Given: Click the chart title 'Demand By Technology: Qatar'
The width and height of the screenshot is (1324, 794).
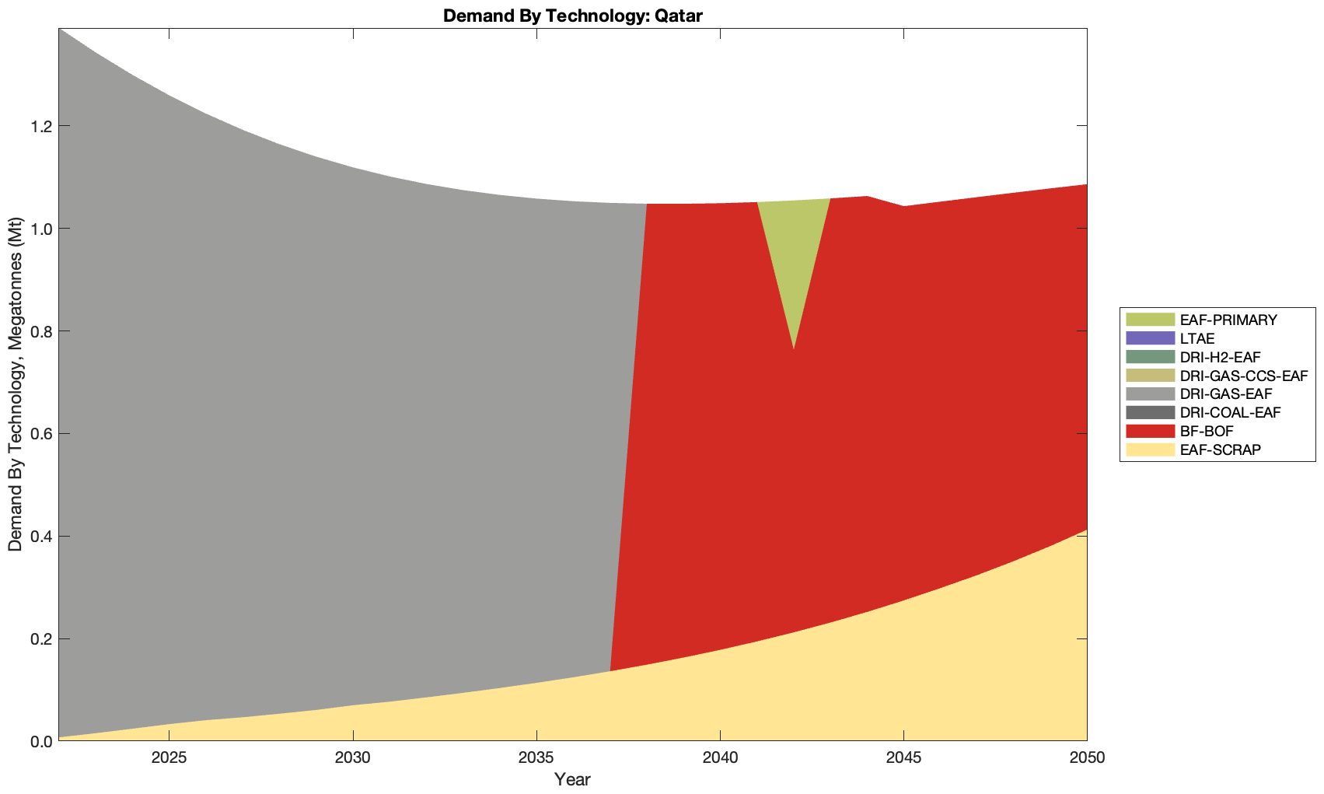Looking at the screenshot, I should click(572, 15).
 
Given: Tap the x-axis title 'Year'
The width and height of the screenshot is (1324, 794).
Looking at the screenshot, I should click(572, 779).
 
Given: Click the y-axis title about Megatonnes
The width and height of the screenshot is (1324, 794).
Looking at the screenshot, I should click(15, 385).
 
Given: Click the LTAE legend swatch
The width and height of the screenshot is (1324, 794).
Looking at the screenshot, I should click(1149, 338).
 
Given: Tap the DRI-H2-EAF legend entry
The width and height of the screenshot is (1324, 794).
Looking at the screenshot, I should click(1217, 357).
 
